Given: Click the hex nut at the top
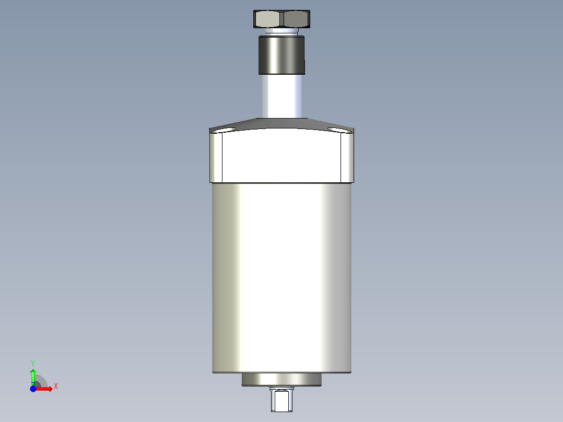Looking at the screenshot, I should pos(282,19).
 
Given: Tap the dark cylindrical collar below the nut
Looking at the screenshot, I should pos(282,54).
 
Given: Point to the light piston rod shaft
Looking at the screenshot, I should pos(282,97).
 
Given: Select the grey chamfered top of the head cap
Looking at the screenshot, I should pos(282,123).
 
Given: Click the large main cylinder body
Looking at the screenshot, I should pos(282,277).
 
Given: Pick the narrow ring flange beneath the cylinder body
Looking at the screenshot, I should pos(282,380).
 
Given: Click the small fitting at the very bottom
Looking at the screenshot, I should pos(282,400).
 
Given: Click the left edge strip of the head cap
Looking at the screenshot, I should pos(216,157).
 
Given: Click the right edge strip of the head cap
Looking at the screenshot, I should pos(347,157).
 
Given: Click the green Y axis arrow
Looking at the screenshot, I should pos(33,375).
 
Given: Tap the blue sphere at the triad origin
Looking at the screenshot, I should pos(33,389).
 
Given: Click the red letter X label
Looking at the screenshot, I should pos(55,386).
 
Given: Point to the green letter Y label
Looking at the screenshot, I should pos(33,362).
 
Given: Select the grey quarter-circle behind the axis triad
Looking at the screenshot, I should pos(41,382).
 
